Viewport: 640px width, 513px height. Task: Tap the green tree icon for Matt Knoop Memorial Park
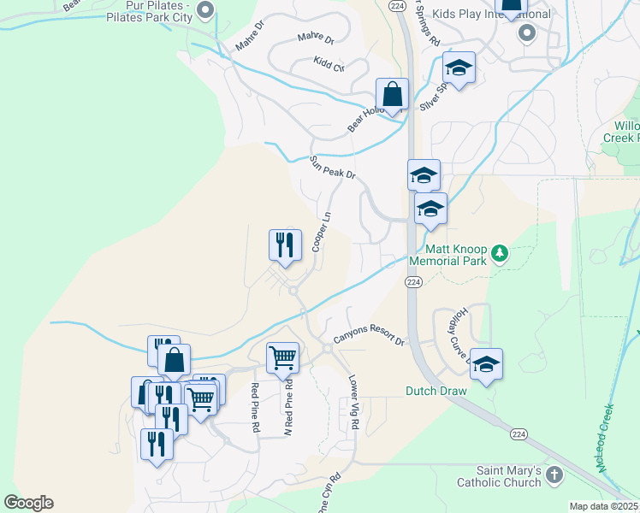click(501, 254)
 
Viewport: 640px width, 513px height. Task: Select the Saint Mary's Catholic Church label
click(509, 477)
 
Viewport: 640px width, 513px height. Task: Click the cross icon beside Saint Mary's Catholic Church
click(554, 475)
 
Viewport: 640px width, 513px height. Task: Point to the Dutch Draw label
click(436, 392)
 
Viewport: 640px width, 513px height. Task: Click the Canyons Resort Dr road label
click(369, 339)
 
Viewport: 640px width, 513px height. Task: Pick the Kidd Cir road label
click(329, 65)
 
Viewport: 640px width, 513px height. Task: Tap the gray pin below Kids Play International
click(527, 34)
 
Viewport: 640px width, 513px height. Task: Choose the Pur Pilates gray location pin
click(204, 11)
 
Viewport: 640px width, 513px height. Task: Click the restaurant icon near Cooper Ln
click(283, 245)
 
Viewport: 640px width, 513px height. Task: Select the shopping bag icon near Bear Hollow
click(392, 94)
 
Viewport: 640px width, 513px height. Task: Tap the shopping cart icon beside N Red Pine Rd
click(282, 357)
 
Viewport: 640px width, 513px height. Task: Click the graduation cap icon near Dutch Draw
click(486, 364)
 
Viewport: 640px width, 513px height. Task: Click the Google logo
click(28, 503)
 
